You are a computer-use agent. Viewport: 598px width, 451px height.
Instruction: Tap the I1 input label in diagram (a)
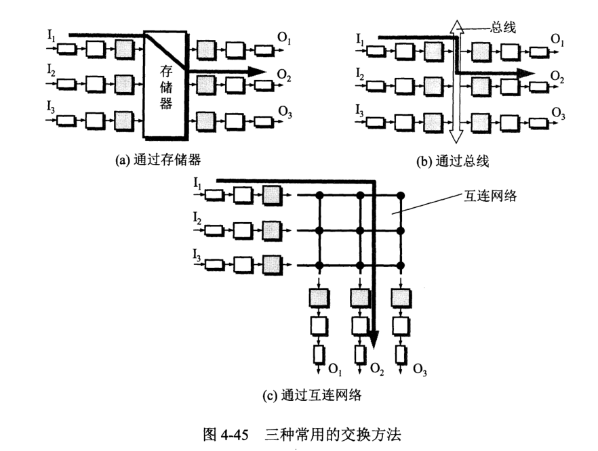pos(52,36)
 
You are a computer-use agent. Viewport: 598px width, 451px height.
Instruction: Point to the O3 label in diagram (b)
pos(557,114)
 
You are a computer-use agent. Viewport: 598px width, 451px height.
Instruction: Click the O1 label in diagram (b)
pos(557,42)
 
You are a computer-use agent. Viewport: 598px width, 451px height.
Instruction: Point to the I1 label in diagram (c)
pos(197,183)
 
